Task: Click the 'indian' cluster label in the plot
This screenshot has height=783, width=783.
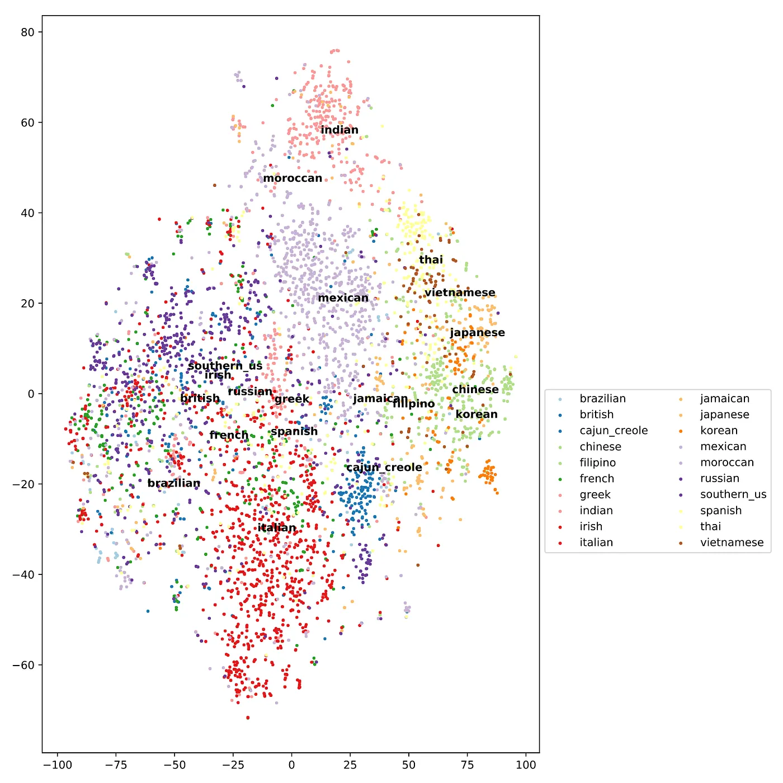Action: [x=339, y=130]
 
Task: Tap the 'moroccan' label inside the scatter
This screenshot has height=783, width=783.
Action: [x=293, y=178]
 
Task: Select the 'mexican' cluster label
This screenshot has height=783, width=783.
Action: [x=343, y=298]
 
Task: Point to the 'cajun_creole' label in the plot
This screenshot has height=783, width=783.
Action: [x=384, y=467]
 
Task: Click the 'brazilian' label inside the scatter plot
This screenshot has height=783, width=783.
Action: [x=174, y=483]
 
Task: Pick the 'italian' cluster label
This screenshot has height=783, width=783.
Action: [x=277, y=527]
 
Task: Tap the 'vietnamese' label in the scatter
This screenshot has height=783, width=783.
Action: [x=460, y=293]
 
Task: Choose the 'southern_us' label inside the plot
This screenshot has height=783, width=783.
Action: [x=225, y=366]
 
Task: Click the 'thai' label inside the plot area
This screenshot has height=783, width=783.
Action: [x=431, y=260]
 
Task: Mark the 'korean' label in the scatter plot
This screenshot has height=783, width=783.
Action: [x=477, y=414]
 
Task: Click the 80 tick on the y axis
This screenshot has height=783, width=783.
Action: [x=28, y=32]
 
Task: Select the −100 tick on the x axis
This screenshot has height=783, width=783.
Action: [x=58, y=765]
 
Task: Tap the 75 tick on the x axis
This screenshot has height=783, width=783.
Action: [x=467, y=765]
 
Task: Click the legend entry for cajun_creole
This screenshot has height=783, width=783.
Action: [x=614, y=431]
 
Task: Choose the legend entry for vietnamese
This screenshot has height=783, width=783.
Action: [x=732, y=543]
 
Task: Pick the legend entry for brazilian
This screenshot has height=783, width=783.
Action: [x=602, y=399]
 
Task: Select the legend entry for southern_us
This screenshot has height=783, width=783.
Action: [x=733, y=494]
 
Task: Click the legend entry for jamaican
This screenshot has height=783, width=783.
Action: [x=724, y=399]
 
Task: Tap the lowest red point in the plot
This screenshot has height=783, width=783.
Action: [x=248, y=718]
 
